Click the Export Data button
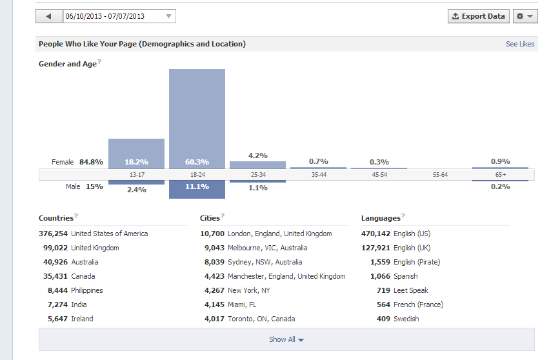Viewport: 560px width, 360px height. tap(479, 16)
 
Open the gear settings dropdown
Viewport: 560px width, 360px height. tap(525, 16)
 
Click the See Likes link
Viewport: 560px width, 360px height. tap(520, 44)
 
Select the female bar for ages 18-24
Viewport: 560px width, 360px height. tap(197, 119)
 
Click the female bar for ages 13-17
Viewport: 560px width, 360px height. tap(136, 154)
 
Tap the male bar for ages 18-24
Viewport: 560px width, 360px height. tap(197, 189)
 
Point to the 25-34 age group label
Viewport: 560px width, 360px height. tap(258, 175)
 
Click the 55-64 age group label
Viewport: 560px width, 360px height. tap(440, 175)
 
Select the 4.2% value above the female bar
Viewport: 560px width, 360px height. tap(258, 155)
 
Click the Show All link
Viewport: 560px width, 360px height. tap(286, 339)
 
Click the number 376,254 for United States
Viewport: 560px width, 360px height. tap(53, 234)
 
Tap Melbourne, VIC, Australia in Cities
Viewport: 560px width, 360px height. tap(268, 248)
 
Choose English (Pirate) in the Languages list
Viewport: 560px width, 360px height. tap(417, 262)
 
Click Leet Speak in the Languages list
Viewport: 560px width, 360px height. tap(411, 290)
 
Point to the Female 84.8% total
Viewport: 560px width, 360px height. tap(77, 162)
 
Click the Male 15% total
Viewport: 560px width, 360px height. tap(85, 186)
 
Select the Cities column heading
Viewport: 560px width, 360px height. tap(210, 218)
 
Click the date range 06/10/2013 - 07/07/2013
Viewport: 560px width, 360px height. tap(105, 16)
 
